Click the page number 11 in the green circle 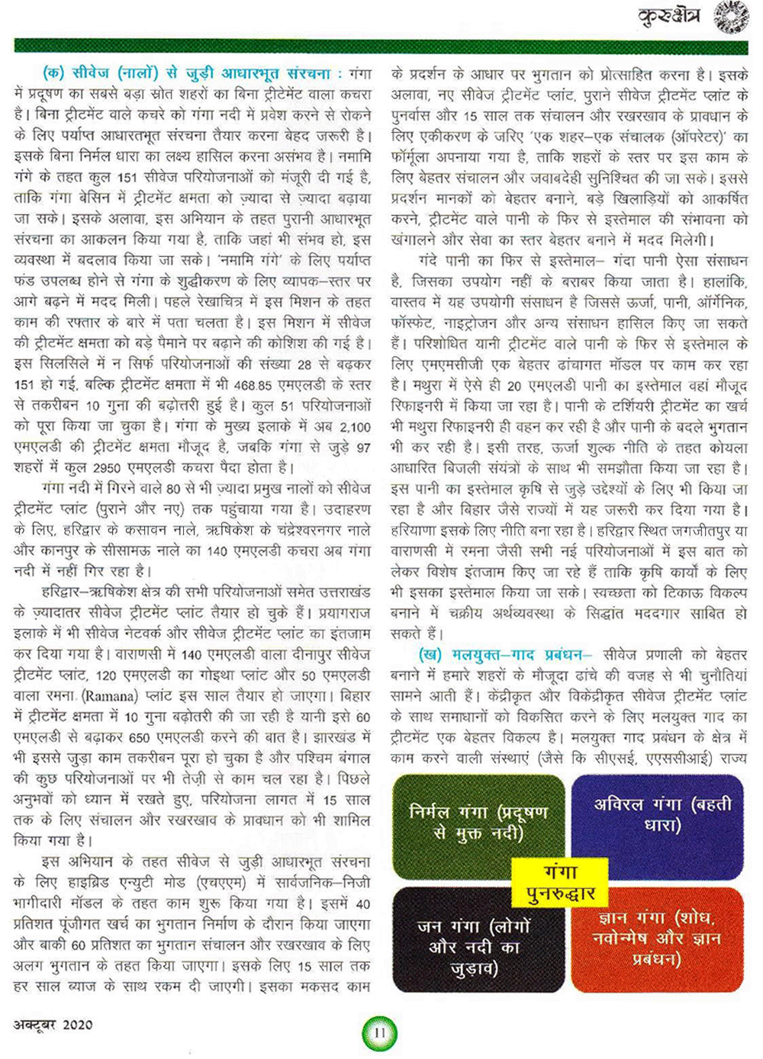379,1033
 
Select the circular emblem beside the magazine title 730,16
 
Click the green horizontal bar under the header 381,47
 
